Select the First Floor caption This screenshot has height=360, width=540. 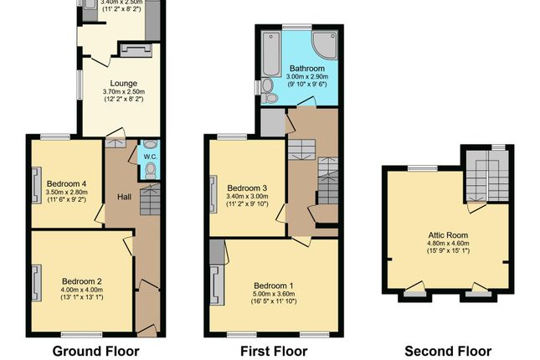point(272,351)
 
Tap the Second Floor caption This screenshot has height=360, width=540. point(448,351)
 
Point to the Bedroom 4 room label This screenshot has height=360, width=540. point(67,183)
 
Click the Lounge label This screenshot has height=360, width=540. point(124,82)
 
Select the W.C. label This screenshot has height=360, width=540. point(149,157)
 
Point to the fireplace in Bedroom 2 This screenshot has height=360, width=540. point(38,282)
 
